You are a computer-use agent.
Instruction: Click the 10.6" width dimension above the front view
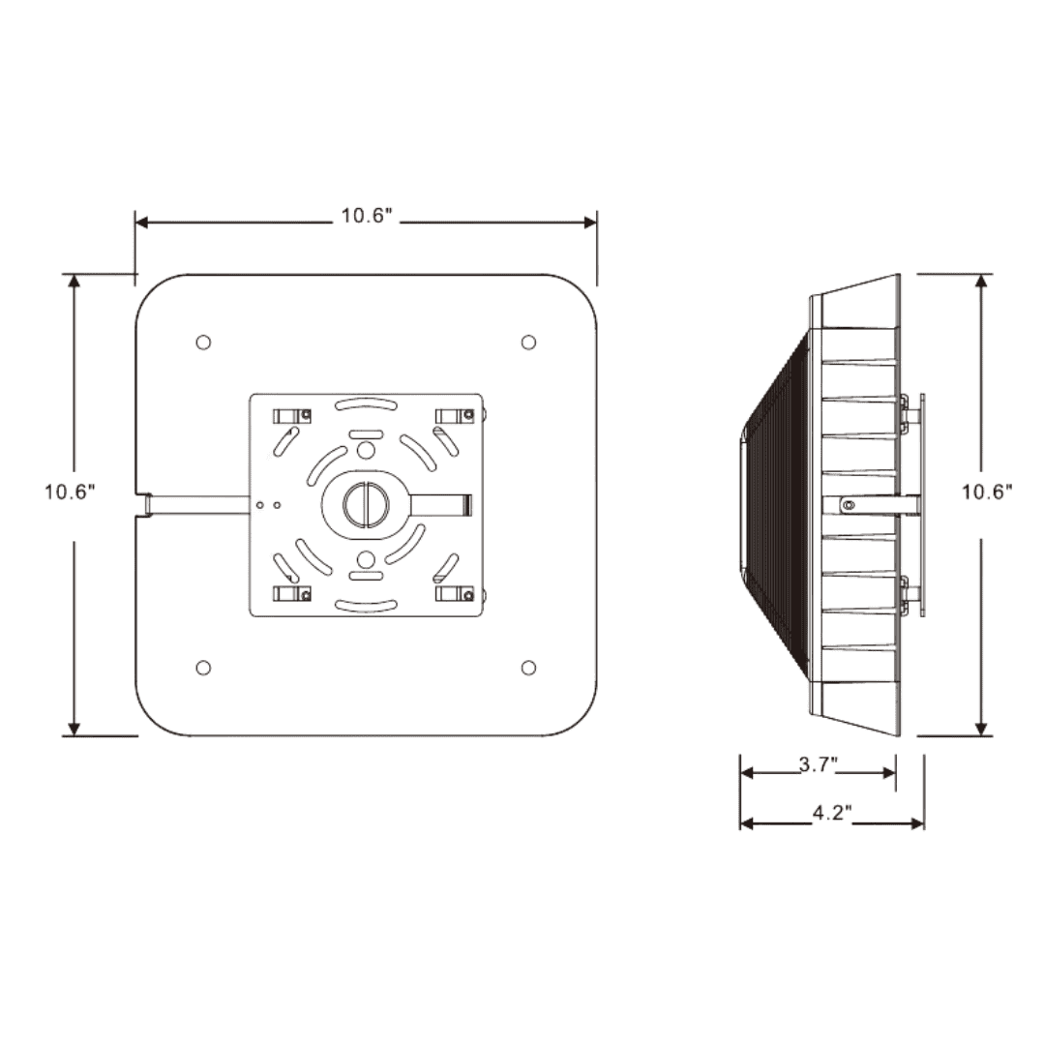point(365,216)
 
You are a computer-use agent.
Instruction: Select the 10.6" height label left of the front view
point(69,491)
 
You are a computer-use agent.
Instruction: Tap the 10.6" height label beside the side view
point(986,491)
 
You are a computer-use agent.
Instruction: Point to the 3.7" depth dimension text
point(818,765)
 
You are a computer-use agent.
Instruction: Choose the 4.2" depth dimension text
point(831,815)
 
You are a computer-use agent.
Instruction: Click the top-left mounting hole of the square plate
point(203,343)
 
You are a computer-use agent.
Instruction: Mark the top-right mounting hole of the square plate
point(528,343)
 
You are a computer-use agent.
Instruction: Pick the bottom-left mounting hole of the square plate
point(203,668)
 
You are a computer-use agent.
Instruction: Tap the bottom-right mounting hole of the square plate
point(528,668)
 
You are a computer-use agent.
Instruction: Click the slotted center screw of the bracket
point(366,504)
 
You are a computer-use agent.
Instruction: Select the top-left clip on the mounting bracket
point(291,416)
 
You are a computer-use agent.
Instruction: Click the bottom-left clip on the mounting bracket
point(291,593)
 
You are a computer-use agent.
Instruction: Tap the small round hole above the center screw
point(366,451)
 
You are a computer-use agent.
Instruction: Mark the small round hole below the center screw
point(366,558)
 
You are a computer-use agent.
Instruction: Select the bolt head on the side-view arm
point(849,504)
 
